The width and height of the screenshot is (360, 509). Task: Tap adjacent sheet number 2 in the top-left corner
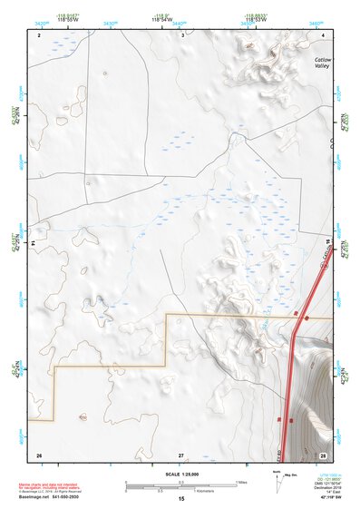(x=40, y=35)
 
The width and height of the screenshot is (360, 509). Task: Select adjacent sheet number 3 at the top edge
(x=182, y=35)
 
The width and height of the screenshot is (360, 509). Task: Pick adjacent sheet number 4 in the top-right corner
(x=324, y=35)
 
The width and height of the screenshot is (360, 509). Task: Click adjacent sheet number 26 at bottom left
(x=39, y=454)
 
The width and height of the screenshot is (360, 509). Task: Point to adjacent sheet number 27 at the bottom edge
(x=181, y=454)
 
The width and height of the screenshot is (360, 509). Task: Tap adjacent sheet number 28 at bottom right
(x=323, y=454)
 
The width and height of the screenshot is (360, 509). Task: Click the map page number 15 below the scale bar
(x=181, y=499)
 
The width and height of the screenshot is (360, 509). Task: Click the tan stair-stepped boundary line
(x=109, y=367)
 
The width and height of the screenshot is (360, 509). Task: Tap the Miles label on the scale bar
(x=241, y=482)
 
